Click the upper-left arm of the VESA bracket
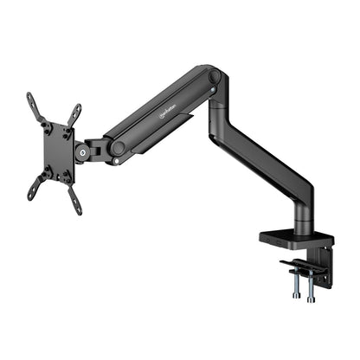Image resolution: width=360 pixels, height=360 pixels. pos(35,106)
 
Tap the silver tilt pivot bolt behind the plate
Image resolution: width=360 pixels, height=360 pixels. pos(83,153)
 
